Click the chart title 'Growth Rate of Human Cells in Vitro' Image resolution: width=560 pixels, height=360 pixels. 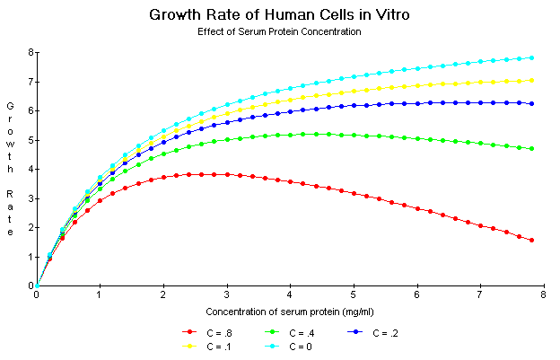click(x=279, y=15)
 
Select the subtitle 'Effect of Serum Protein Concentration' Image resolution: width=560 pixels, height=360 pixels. click(x=279, y=31)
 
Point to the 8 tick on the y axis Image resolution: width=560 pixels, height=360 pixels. click(x=31, y=52)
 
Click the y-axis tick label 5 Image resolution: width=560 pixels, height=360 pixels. click(x=31, y=140)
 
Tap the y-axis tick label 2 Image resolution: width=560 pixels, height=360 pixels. click(x=31, y=228)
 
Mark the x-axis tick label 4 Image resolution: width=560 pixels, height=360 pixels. click(x=290, y=294)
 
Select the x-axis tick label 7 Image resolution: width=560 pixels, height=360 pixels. click(x=480, y=294)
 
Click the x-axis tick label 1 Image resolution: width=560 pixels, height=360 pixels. click(x=100, y=294)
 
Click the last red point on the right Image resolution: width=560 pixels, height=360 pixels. click(x=532, y=240)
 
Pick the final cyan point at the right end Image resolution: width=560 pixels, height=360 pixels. click(x=532, y=57)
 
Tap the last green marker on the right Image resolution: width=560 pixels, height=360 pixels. click(x=532, y=148)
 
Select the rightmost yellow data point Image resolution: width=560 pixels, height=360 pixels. click(x=532, y=80)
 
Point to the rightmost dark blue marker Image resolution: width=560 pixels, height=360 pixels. click(x=532, y=103)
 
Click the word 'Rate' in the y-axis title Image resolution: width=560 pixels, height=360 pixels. click(x=11, y=212)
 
